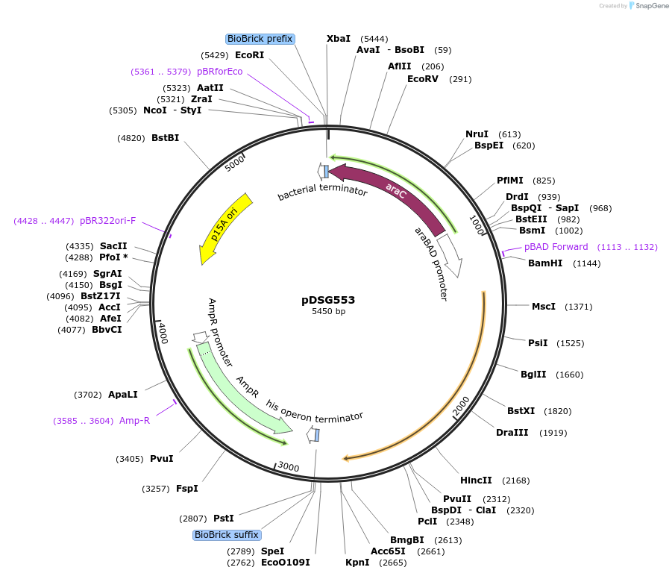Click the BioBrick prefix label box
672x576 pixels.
(x=260, y=39)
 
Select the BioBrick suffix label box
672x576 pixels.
(x=227, y=535)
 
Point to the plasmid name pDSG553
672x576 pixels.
(x=328, y=300)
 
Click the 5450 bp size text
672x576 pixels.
(x=328, y=312)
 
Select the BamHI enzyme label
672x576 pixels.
(x=544, y=263)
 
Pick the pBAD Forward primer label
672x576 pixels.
(x=556, y=247)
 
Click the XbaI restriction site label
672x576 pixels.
(x=339, y=39)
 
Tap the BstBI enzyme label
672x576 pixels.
(x=165, y=138)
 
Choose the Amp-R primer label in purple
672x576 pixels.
(x=134, y=421)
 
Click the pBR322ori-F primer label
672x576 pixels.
(x=107, y=221)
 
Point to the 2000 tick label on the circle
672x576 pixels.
(x=461, y=407)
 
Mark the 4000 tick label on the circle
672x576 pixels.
(x=163, y=332)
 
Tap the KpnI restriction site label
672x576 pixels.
(x=357, y=563)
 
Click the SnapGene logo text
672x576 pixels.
(x=650, y=6)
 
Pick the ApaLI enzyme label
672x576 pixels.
(x=123, y=395)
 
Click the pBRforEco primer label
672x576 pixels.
(x=219, y=72)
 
